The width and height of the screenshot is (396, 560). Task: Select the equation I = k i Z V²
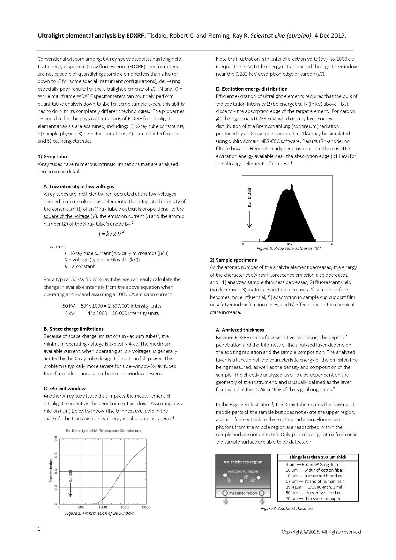tap(111, 234)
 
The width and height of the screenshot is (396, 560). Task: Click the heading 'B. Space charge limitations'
tap(73, 329)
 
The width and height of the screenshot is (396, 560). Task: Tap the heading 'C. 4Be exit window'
tap(64, 388)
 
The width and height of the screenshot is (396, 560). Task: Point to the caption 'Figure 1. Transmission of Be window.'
tap(100, 513)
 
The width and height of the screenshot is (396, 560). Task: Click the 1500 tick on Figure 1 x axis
tap(124, 507)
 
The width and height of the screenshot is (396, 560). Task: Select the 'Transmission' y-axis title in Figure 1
tap(51, 471)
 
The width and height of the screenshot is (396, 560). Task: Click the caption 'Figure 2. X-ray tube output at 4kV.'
tap(289, 248)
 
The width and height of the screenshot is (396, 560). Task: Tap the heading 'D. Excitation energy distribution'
tap(251, 89)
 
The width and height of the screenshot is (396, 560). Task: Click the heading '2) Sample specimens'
tap(233, 260)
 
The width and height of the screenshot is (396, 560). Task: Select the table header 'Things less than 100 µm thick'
tap(318, 457)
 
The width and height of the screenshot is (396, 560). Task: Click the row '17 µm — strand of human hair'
tap(315, 481)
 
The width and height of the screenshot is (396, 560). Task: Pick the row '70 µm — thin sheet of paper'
tap(313, 498)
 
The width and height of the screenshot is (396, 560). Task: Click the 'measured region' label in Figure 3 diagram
tap(243, 493)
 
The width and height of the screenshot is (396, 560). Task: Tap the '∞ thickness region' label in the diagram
tap(243, 462)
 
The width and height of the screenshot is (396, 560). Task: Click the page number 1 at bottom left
tap(39, 529)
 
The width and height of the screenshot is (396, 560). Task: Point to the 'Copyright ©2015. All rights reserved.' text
tap(321, 532)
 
